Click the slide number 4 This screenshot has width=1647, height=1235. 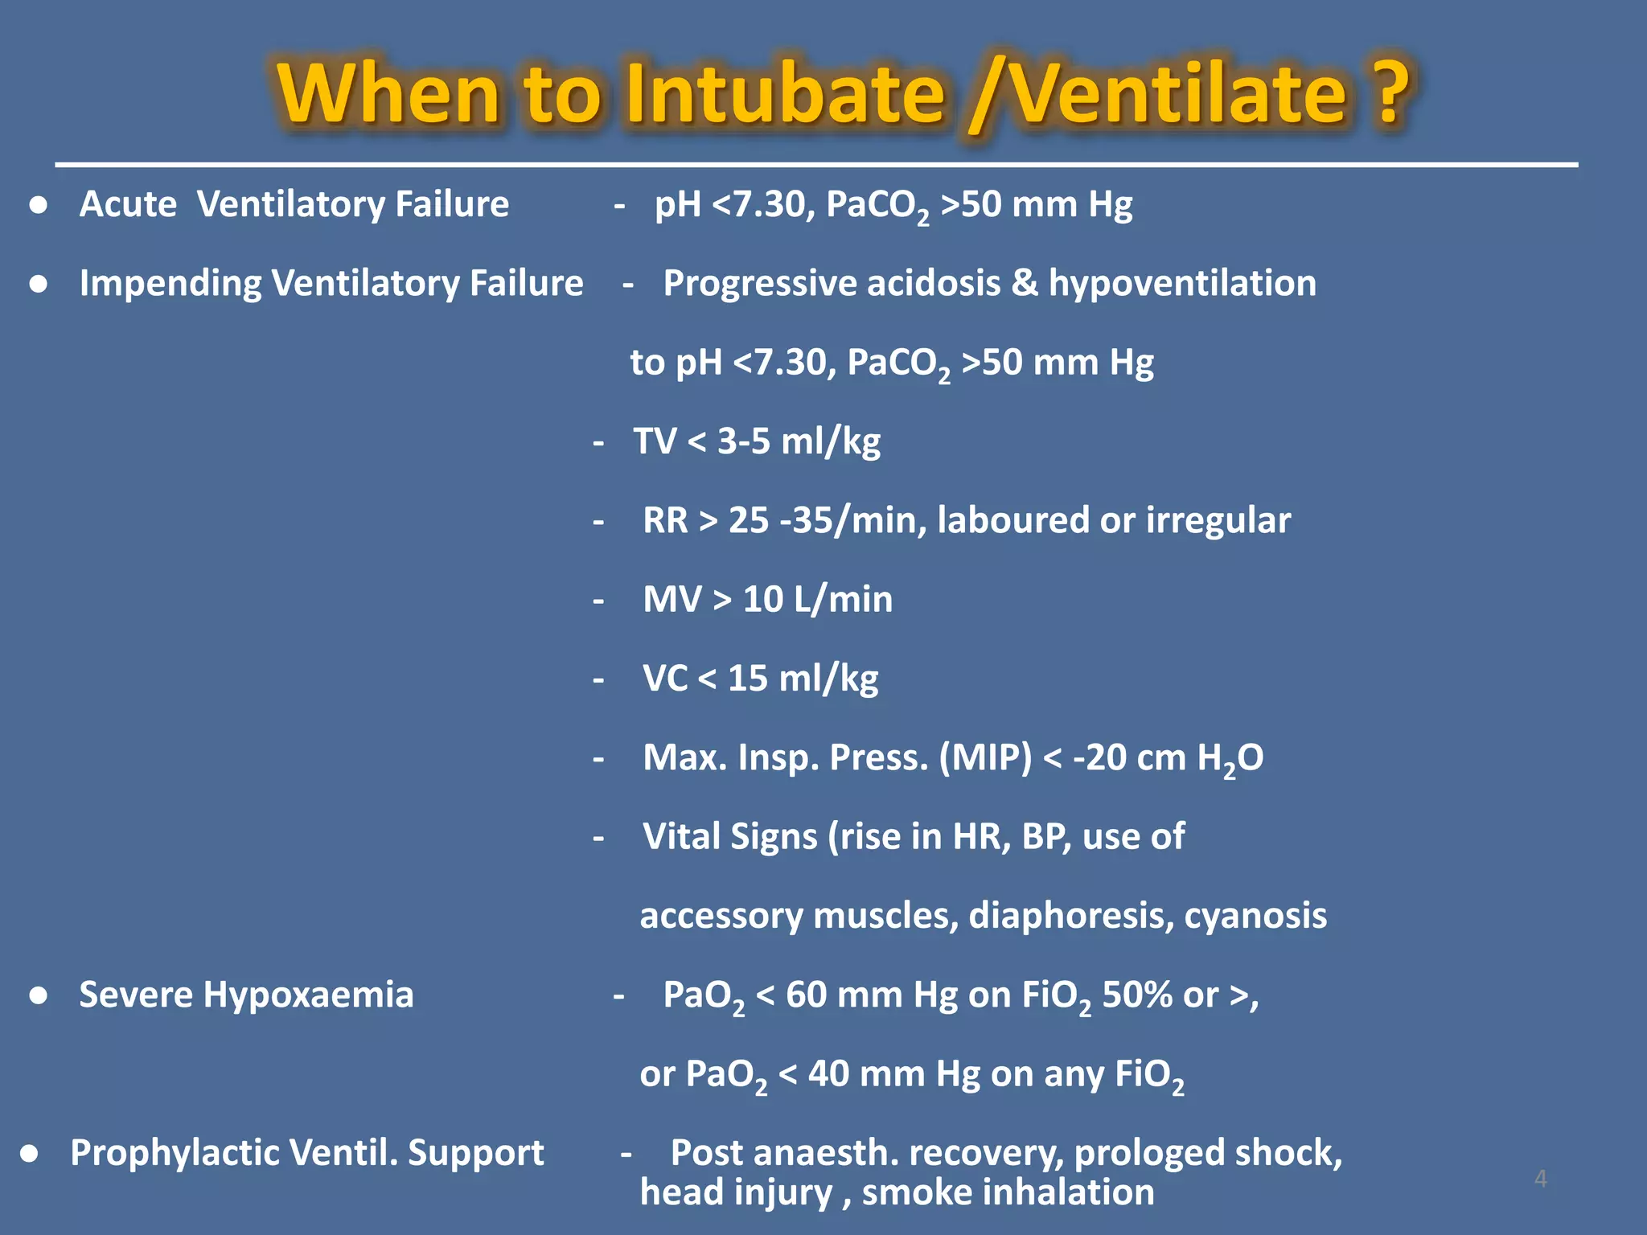tap(1540, 1179)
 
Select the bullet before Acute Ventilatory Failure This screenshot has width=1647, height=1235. tap(38, 206)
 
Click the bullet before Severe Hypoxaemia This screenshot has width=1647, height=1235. tap(38, 996)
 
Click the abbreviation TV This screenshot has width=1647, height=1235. tap(655, 441)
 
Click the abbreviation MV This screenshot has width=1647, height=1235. tap(672, 600)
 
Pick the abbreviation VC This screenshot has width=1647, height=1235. tap(664, 679)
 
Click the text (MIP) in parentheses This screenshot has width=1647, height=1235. tap(985, 757)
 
